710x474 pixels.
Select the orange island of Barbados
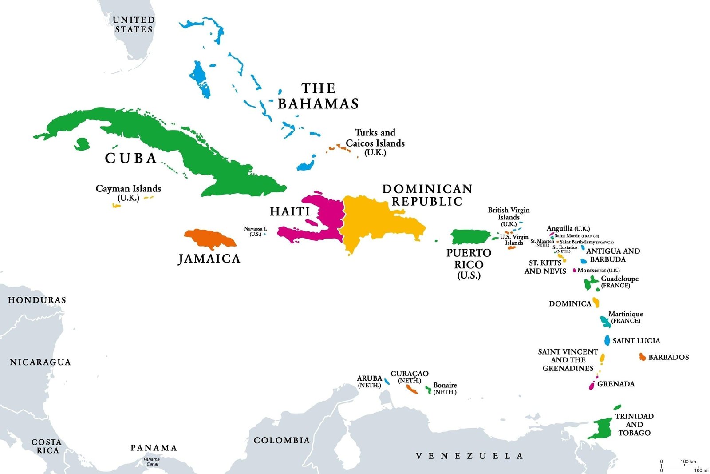pyautogui.click(x=642, y=357)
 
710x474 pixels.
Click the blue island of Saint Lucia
pyautogui.click(x=607, y=340)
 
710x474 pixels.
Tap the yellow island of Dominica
pyautogui.click(x=596, y=303)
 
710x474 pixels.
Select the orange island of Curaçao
pyautogui.click(x=412, y=390)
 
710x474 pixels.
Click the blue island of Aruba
pyautogui.click(x=387, y=381)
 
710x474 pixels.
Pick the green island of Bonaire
pyautogui.click(x=428, y=390)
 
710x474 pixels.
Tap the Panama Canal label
pyautogui.click(x=152, y=462)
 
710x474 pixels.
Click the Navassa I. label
pyautogui.click(x=255, y=231)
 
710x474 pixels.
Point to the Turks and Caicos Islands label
pyautogui.click(x=375, y=142)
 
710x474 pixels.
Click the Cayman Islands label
pyautogui.click(x=128, y=193)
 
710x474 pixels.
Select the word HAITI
pyautogui.click(x=290, y=211)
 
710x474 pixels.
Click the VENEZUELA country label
pyautogui.click(x=469, y=456)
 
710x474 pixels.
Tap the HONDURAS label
pyautogui.click(x=37, y=300)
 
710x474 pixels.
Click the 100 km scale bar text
pyautogui.click(x=688, y=462)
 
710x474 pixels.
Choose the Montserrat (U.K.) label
pyautogui.click(x=598, y=270)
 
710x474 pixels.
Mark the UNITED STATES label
pyautogui.click(x=134, y=24)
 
